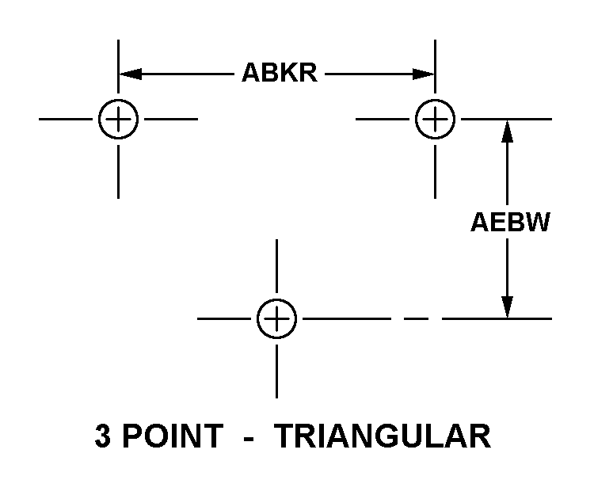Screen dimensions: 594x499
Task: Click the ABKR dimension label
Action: [280, 72]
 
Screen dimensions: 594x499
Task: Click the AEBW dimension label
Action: [510, 222]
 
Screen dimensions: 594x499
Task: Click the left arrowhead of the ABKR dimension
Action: [131, 74]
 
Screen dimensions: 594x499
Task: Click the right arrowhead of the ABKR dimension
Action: [423, 74]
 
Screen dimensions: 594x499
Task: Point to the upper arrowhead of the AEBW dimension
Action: [507, 131]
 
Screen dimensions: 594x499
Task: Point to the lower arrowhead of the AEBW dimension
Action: [507, 307]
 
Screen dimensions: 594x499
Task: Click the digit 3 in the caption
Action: [103, 436]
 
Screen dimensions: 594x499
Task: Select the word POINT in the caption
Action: [173, 436]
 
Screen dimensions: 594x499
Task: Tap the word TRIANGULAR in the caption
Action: [382, 436]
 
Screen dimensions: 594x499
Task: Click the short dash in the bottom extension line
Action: [417, 318]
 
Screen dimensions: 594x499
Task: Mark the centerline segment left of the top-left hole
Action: [66, 119]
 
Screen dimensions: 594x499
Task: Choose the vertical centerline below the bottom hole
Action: [276, 371]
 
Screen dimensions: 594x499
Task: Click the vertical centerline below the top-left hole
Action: [118, 172]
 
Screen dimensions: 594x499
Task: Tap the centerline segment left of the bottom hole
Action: [224, 318]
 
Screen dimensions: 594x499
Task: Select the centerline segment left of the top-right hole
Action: [383, 119]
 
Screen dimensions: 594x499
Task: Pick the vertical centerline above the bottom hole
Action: [276, 266]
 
